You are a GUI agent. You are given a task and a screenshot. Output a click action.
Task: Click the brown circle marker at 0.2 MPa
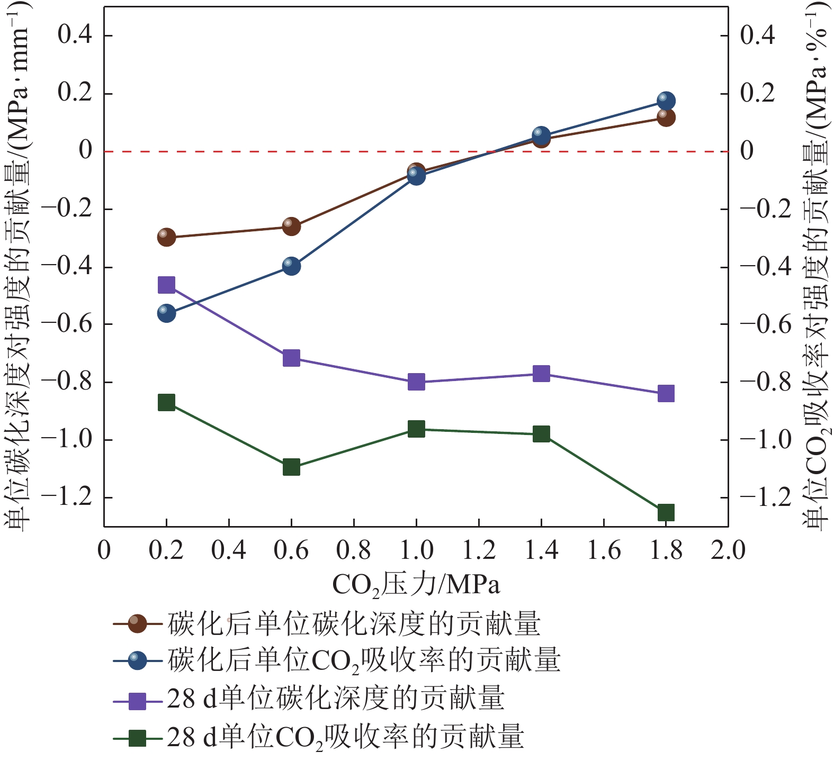(x=166, y=237)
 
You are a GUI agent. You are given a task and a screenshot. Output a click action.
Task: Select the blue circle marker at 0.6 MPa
(x=291, y=265)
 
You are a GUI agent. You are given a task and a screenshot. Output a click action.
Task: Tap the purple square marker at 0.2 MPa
(x=166, y=285)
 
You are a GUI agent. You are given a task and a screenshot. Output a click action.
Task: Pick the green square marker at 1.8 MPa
(x=666, y=512)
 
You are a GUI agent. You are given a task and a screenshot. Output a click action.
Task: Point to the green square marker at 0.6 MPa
(x=291, y=467)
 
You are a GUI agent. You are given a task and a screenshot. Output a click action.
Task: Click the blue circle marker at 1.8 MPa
(x=666, y=101)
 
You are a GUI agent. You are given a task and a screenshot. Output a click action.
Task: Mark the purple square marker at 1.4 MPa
(x=541, y=374)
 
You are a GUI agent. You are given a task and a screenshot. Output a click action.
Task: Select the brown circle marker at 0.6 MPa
(x=291, y=226)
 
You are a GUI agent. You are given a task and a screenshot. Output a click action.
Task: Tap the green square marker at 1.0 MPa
(x=416, y=429)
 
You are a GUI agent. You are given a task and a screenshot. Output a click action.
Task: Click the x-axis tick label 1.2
(x=479, y=550)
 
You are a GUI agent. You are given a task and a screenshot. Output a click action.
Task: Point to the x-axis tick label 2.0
(x=728, y=550)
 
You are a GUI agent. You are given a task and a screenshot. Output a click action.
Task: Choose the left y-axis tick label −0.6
(x=67, y=324)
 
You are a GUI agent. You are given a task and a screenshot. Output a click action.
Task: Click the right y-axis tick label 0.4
(x=757, y=35)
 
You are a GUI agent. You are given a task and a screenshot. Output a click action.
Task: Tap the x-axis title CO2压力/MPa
(x=416, y=585)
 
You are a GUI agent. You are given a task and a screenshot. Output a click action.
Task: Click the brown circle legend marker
(x=138, y=623)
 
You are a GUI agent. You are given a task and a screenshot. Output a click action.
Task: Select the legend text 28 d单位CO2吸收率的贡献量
(x=345, y=737)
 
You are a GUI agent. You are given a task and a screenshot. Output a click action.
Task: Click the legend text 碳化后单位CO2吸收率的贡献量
(x=364, y=661)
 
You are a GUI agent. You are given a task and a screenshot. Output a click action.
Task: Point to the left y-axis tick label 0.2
(x=75, y=93)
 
